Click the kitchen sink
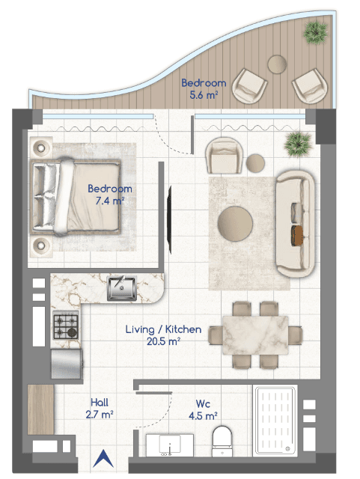click(122, 287)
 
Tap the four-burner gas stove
click(66, 326)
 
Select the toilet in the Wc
click(222, 442)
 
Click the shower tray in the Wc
click(275, 421)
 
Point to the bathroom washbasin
click(170, 445)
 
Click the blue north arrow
click(103, 458)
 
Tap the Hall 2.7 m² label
click(100, 408)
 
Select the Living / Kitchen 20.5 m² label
click(163, 335)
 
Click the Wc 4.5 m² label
click(203, 409)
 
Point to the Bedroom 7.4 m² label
click(110, 195)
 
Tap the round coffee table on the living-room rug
click(235, 224)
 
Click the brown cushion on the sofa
click(296, 236)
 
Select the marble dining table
click(255, 335)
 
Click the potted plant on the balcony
click(316, 33)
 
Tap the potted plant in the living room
click(298, 144)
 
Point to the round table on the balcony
click(277, 64)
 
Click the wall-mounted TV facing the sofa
click(169, 219)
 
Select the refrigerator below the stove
click(67, 364)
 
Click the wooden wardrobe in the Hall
click(40, 409)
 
